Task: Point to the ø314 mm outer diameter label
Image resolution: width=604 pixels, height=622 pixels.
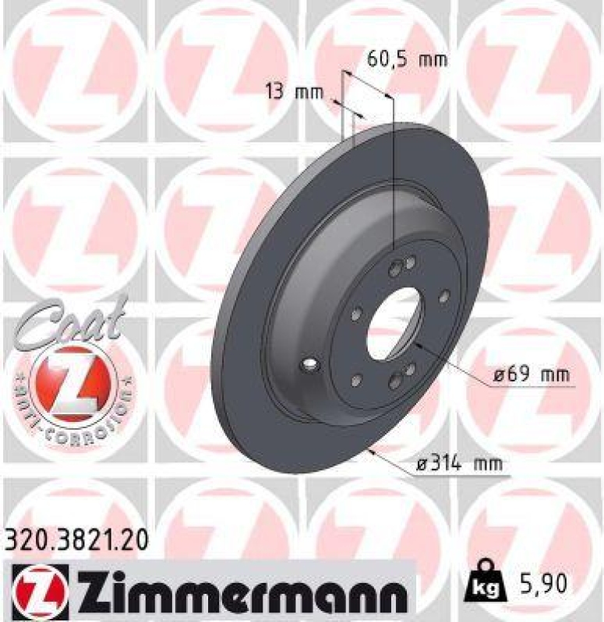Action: [457, 465]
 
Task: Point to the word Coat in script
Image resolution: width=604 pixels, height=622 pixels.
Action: [70, 319]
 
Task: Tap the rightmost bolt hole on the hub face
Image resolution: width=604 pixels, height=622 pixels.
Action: [444, 296]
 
